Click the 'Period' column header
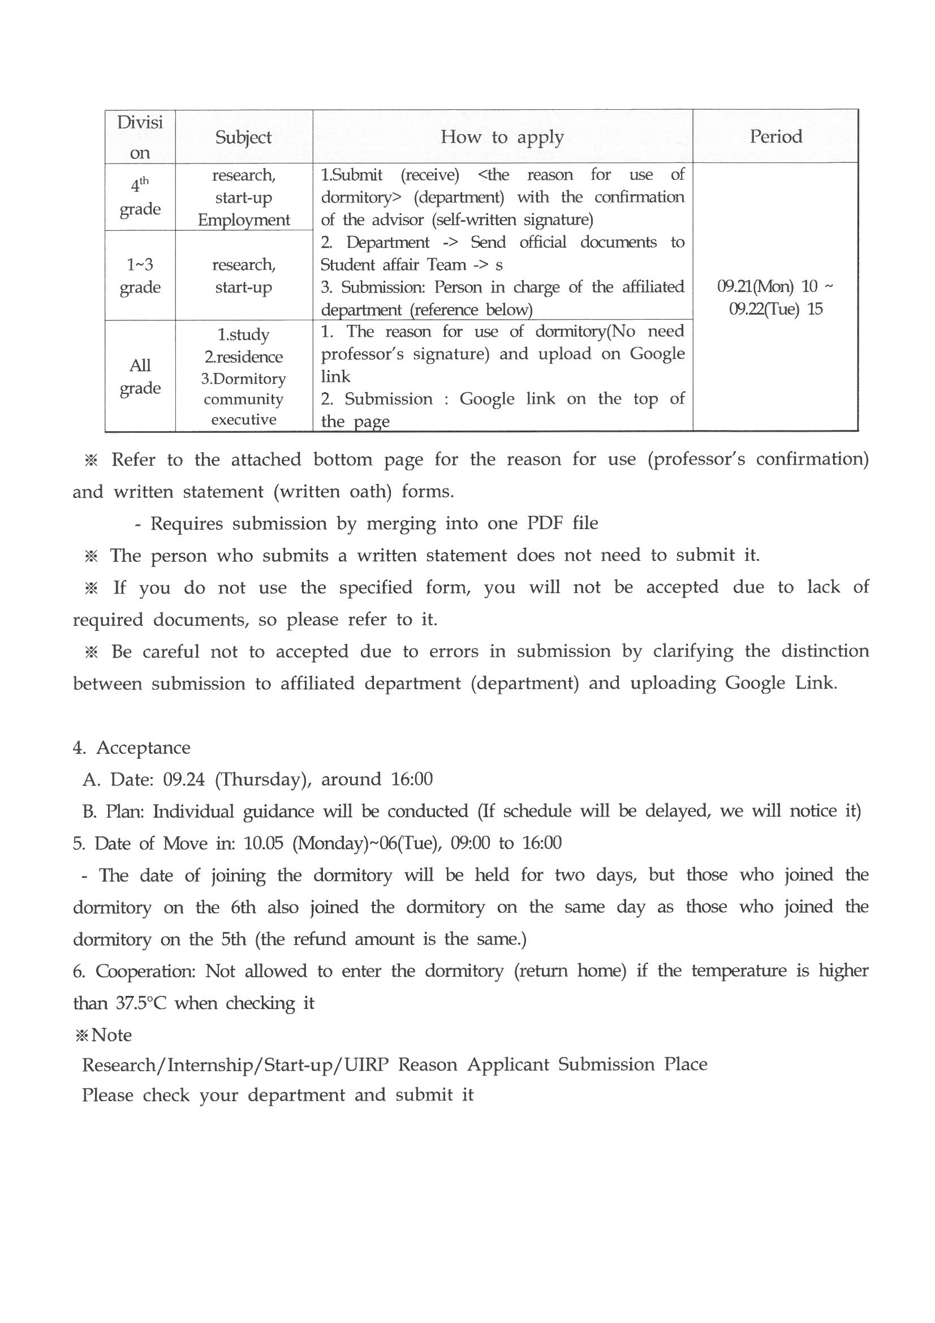click(x=775, y=136)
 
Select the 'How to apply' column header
click(x=502, y=137)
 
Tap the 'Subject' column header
click(x=243, y=137)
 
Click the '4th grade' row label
click(x=140, y=197)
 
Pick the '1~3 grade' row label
click(x=140, y=276)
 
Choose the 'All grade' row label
click(x=140, y=376)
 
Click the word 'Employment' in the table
click(x=244, y=220)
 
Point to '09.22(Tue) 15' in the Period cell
click(x=775, y=310)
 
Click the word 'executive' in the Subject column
click(x=244, y=419)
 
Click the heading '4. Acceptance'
click(x=131, y=748)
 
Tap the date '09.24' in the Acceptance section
click(x=184, y=780)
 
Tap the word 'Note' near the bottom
click(x=111, y=1035)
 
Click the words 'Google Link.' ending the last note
click(x=781, y=683)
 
